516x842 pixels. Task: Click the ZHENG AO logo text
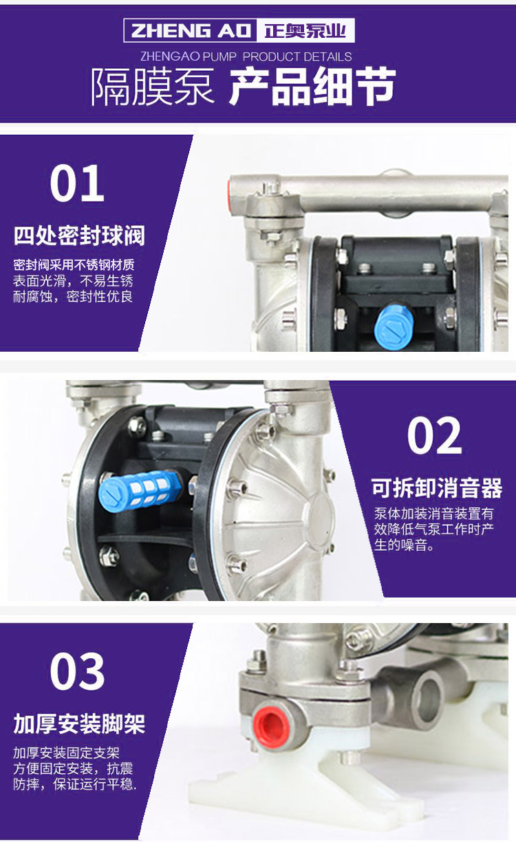(x=191, y=30)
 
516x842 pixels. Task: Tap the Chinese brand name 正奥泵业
(x=305, y=30)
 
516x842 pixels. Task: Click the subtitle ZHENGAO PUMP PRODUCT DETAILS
(x=246, y=56)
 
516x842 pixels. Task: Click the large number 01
(x=77, y=184)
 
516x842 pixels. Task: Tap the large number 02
(x=435, y=436)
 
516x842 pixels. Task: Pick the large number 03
(x=77, y=671)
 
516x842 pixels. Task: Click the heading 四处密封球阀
(x=79, y=235)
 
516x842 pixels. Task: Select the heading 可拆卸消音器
(x=437, y=487)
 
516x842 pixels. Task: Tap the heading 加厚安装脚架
(x=79, y=724)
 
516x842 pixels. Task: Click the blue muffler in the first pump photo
(x=394, y=326)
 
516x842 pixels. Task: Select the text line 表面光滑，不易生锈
(x=73, y=281)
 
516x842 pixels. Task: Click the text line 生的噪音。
(x=404, y=545)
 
